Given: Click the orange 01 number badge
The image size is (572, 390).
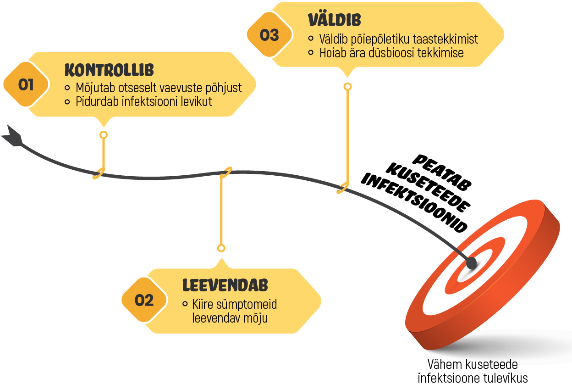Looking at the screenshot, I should (26, 85).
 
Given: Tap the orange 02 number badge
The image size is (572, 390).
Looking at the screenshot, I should (144, 300).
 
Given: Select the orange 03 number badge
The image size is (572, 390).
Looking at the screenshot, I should (269, 35).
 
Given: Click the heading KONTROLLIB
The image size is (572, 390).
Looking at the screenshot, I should (109, 70).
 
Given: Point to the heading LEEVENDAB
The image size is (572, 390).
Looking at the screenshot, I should (225, 285).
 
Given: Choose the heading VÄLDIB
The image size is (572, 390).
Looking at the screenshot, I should (334, 20).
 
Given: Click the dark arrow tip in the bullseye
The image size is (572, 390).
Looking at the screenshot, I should (471, 262).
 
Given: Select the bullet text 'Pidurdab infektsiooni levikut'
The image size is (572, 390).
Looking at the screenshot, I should (144, 101).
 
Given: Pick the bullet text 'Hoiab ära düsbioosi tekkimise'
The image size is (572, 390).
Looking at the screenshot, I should (391, 53).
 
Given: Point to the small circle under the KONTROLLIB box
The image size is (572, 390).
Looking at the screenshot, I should (104, 135).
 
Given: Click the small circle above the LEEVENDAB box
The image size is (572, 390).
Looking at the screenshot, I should (221, 248).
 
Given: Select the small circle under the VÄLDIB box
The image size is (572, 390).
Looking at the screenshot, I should (347, 87).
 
